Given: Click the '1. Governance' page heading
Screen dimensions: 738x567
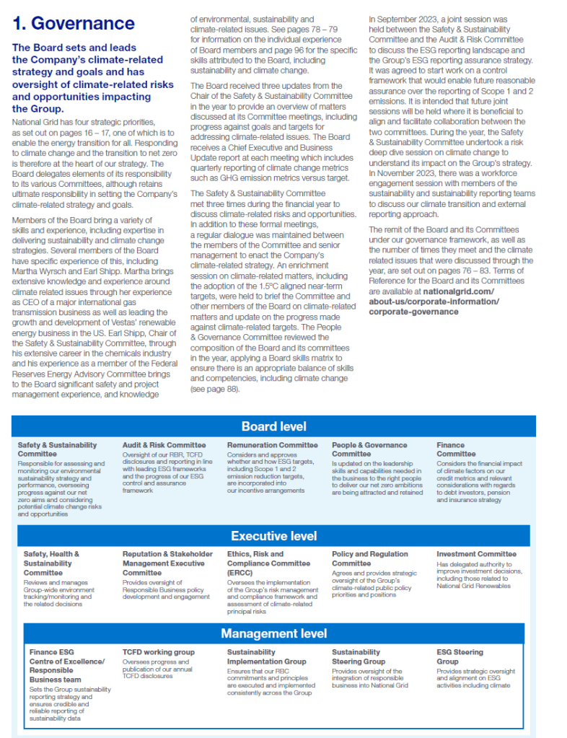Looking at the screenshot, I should coord(74,23).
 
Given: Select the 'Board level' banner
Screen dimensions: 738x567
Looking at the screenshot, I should coord(273,426).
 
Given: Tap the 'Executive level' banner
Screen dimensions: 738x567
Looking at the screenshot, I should coord(273,536).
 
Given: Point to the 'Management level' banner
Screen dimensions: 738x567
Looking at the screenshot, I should coord(273,633).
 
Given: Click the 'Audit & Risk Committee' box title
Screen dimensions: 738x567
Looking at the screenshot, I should coord(164,445).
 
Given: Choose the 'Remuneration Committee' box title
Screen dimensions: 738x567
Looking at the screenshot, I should coord(272,445).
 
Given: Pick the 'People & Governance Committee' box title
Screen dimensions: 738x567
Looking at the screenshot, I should coord(369,449).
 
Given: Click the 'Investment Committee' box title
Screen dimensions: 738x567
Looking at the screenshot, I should coord(476,554).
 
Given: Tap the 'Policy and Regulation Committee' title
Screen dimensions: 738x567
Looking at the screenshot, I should coord(369,558).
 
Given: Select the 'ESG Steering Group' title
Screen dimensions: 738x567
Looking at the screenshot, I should coord(460,656).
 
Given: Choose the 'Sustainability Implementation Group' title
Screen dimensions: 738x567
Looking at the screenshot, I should coord(266,656).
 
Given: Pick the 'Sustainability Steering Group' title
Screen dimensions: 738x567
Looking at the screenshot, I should coord(359,656).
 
